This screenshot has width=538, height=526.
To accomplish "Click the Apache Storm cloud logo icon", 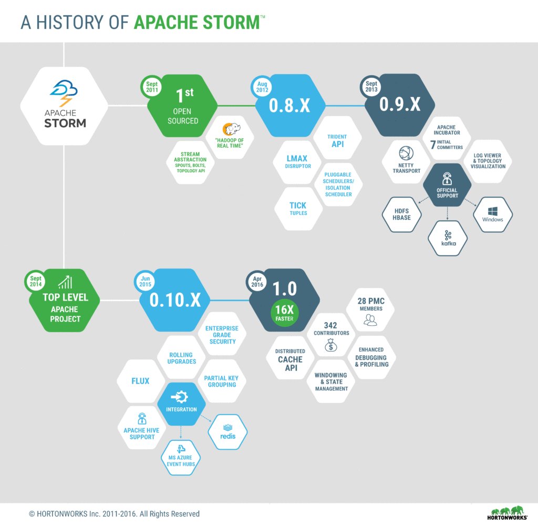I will (64, 93).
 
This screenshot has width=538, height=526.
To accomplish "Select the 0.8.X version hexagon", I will (289, 105).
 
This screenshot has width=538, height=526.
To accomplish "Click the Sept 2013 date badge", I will (371, 87).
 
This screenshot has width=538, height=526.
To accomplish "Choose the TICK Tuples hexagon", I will (298, 208).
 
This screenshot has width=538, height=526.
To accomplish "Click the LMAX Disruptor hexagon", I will (297, 162).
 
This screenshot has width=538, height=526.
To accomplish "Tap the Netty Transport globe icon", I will (406, 153).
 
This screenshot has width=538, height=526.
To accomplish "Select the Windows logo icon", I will (493, 211).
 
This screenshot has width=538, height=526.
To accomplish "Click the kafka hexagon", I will (448, 238).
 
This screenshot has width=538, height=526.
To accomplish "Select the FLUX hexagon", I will (141, 380).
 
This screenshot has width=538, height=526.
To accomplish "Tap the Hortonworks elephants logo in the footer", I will (509, 513).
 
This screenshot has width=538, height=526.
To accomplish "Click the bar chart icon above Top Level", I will (65, 283).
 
